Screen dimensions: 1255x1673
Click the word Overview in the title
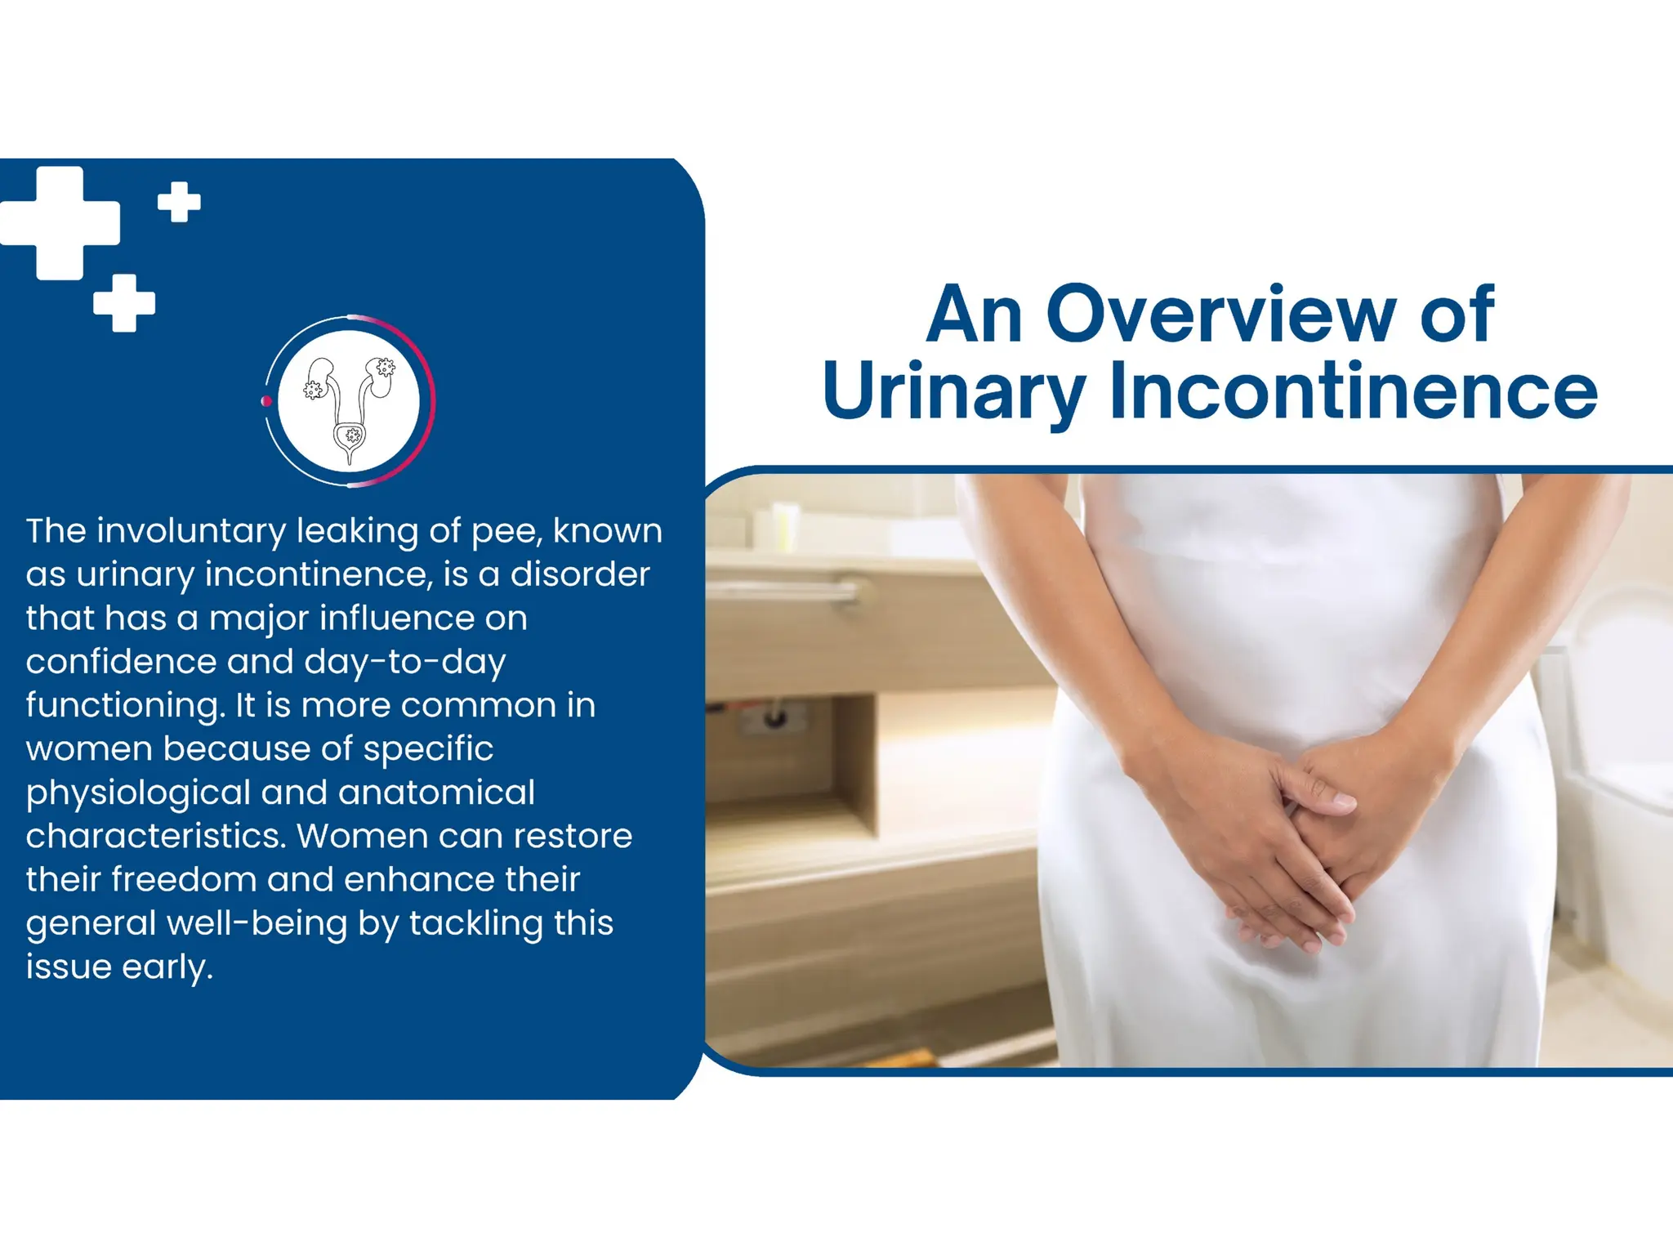click(1221, 315)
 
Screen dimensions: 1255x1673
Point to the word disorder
click(580, 574)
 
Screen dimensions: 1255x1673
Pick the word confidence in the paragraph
click(120, 662)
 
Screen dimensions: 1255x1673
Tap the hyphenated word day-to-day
click(405, 662)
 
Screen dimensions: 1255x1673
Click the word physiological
click(138, 793)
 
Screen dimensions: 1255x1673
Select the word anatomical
click(436, 793)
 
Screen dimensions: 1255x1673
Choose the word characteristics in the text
click(155, 836)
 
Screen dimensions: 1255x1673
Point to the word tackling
click(476, 923)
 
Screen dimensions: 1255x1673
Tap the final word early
click(167, 967)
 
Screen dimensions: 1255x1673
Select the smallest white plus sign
click(179, 201)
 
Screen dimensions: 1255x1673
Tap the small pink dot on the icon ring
click(266, 400)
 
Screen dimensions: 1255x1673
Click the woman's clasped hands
click(1291, 825)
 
